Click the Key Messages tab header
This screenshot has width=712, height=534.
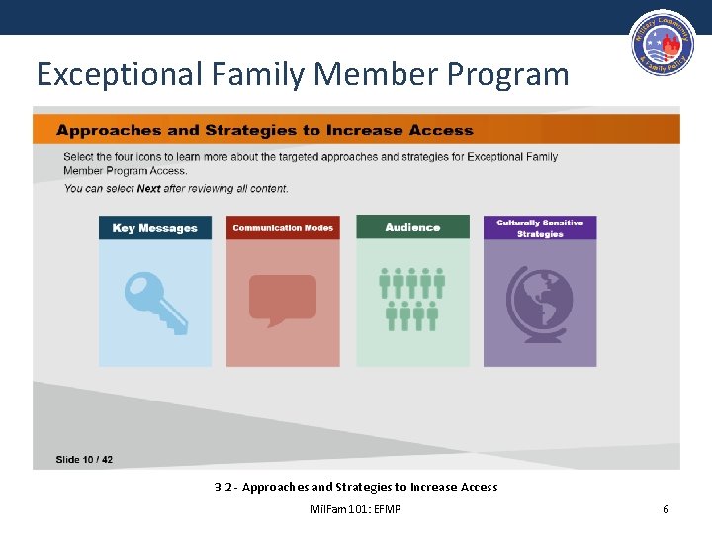(x=154, y=228)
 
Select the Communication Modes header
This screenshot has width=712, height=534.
(x=283, y=228)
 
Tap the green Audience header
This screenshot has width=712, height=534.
(x=412, y=228)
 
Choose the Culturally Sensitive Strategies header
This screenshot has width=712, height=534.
(x=540, y=228)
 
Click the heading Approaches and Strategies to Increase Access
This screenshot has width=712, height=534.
(x=265, y=131)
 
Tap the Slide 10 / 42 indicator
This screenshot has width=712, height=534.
(x=84, y=459)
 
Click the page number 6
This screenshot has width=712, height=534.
(x=666, y=508)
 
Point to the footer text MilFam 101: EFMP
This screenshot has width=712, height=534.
(x=356, y=508)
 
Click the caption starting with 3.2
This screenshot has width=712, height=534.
(x=356, y=487)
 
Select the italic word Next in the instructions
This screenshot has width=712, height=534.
(x=148, y=188)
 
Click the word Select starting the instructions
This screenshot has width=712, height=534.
(x=78, y=156)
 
